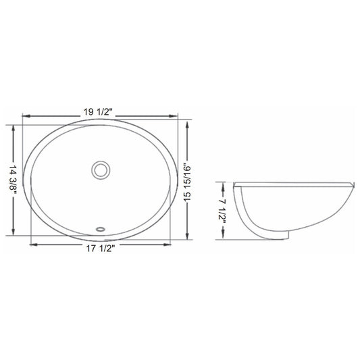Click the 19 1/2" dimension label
[x=97, y=112]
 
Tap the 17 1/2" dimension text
[x=101, y=249]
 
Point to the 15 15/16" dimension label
[x=187, y=182]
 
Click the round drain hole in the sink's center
[x=101, y=170]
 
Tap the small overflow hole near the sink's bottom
[x=101, y=229]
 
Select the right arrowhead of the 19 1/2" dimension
[x=174, y=116]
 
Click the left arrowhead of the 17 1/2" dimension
[x=34, y=245]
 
